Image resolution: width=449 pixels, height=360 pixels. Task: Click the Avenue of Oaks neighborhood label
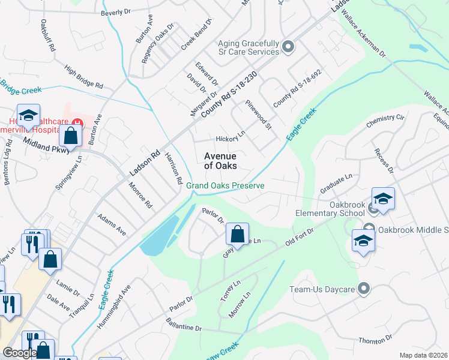point(220,161)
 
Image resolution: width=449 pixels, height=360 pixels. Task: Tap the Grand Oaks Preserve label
point(225,186)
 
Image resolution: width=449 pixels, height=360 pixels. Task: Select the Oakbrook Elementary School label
point(330,208)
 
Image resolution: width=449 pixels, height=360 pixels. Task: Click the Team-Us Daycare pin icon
point(363,289)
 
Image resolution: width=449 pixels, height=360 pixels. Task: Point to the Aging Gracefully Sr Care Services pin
point(288,47)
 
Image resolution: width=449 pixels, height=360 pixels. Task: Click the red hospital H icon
point(77,124)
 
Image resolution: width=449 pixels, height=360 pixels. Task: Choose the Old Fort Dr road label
point(300,236)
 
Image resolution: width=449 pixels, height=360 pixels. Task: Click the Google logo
point(20,353)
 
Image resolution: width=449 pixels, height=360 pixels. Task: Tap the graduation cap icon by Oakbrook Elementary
point(383,198)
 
